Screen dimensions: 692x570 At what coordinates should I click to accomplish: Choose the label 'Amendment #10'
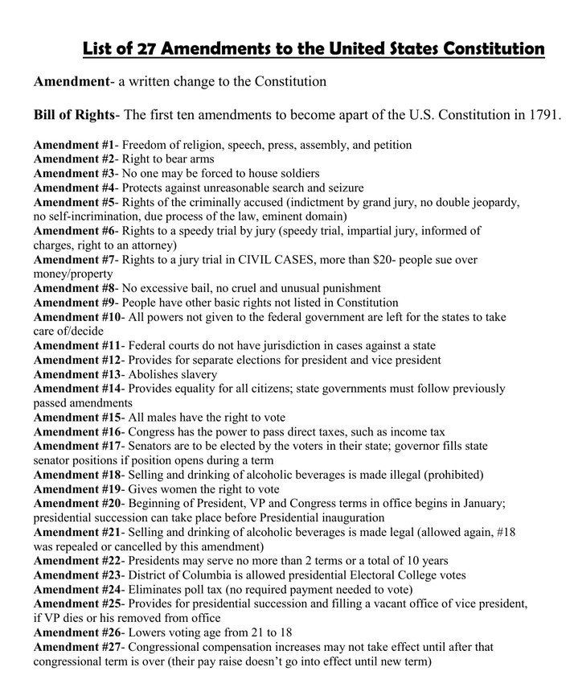pos(77,317)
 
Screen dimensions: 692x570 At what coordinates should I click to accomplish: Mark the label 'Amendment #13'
pos(77,375)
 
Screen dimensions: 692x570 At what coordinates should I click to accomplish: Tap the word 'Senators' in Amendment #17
pos(154,446)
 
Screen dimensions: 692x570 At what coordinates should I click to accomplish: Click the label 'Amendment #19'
pos(77,488)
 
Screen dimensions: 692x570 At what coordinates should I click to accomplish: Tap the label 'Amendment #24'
pos(77,590)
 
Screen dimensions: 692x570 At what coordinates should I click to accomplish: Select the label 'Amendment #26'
pos(77,632)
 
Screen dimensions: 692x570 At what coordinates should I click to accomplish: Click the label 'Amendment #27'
pos(77,647)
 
